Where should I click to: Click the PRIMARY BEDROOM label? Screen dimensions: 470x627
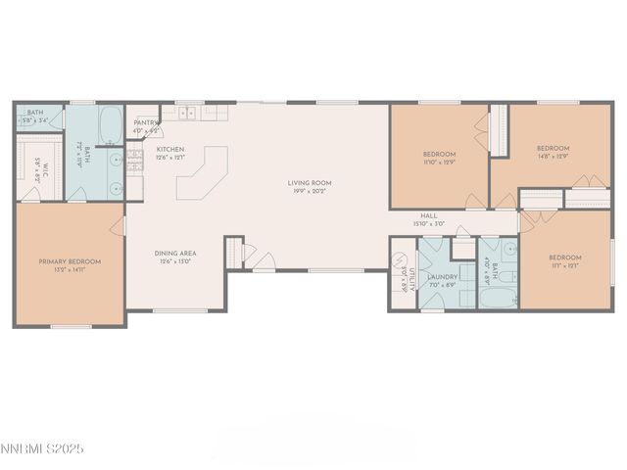(70, 261)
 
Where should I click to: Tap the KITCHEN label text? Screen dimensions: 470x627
(170, 150)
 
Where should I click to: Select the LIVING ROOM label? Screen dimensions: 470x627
(310, 183)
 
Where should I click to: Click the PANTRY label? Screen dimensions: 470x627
(146, 123)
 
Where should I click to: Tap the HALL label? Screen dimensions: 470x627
(429, 216)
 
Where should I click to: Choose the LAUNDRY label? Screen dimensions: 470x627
(442, 277)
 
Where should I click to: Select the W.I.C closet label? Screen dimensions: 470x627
(41, 173)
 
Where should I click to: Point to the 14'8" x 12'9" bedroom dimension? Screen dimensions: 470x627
(553, 156)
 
